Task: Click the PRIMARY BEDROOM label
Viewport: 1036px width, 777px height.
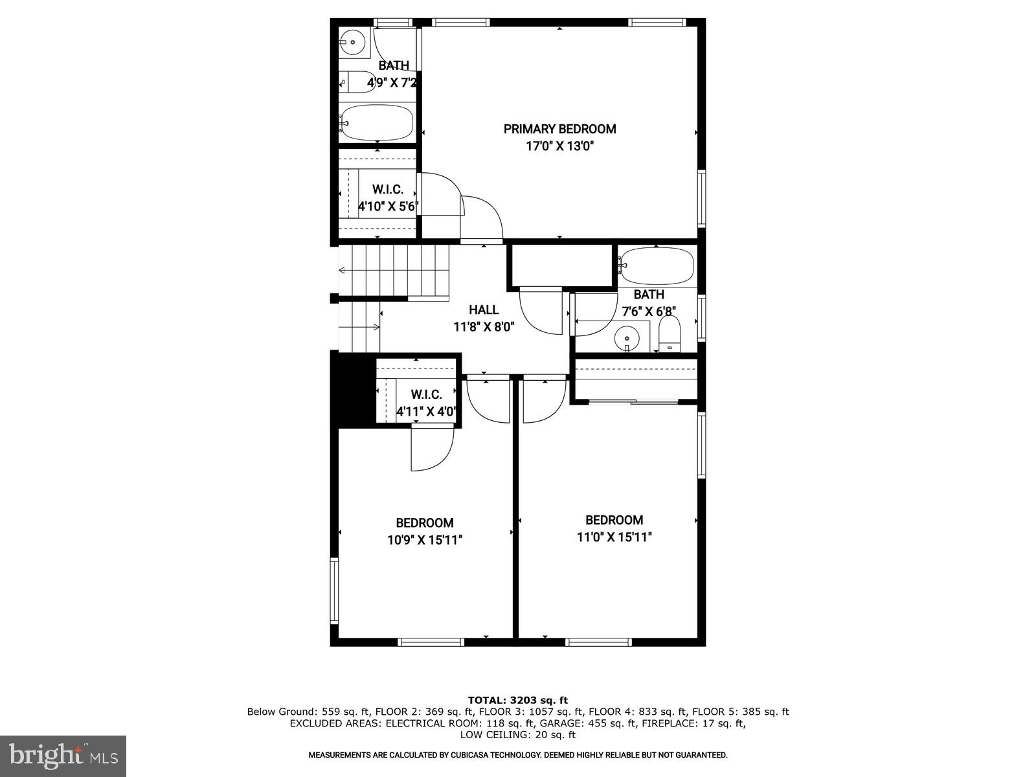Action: click(x=559, y=129)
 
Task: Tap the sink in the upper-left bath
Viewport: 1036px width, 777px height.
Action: click(x=353, y=43)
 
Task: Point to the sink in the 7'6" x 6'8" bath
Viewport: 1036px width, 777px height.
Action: click(x=627, y=337)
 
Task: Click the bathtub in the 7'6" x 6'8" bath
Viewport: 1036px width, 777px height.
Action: click(x=657, y=265)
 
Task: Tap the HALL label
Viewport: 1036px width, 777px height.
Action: click(x=484, y=310)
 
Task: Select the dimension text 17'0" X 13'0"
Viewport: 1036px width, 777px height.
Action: click(x=559, y=146)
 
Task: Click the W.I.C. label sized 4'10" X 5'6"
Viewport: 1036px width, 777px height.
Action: click(x=388, y=190)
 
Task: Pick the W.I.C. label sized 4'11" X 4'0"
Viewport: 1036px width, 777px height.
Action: click(x=426, y=394)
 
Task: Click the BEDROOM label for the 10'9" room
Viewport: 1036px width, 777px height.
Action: click(x=425, y=523)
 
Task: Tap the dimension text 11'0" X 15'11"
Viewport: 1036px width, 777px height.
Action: click(x=614, y=537)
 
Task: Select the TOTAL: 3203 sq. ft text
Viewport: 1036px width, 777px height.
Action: click(x=517, y=700)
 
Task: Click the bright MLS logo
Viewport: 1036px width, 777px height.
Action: click(x=63, y=756)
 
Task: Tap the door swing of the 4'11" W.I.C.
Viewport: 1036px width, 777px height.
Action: click(x=430, y=449)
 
